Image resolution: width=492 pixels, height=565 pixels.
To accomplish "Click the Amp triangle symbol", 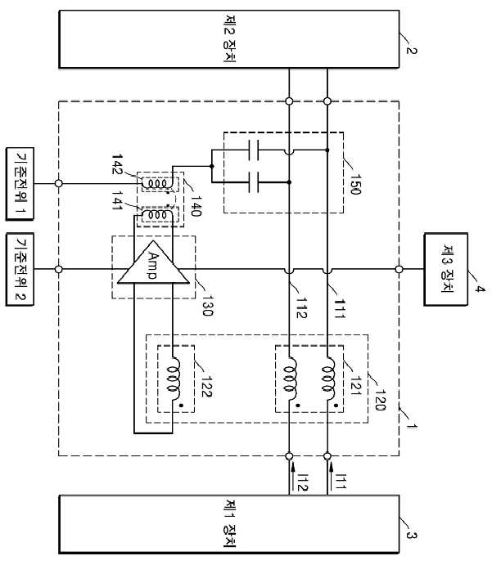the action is tap(153, 266).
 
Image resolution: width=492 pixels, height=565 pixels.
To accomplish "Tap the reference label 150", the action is tap(355, 184).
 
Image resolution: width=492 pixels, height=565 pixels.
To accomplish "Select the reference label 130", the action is tap(207, 305).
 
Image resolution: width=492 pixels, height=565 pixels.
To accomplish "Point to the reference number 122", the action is tap(206, 387).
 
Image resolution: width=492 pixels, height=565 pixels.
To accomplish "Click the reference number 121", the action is tap(355, 385).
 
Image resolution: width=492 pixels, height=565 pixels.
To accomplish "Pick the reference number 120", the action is tap(380, 400).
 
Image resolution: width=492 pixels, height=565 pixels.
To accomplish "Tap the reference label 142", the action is tap(117, 164).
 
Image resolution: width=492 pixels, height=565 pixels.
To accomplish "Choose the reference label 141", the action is tap(117, 200).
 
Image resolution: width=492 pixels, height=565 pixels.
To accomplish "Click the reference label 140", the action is tap(196, 206).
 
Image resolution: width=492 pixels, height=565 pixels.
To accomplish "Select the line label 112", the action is tap(301, 308).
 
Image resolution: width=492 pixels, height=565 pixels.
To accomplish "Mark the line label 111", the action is tap(340, 309).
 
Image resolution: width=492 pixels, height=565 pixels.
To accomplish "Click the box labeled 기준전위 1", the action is tap(20, 183).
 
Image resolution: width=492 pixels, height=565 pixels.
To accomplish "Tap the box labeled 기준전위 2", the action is tap(20, 270).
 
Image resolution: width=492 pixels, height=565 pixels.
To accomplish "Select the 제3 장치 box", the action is tap(446, 269).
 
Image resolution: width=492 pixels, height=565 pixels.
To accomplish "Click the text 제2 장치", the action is tap(230, 39).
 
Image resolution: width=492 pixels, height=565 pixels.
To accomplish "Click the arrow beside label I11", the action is tap(330, 473).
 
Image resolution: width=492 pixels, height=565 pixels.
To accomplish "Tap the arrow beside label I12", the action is tap(292, 473).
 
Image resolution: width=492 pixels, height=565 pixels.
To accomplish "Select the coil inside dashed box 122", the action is tap(174, 379).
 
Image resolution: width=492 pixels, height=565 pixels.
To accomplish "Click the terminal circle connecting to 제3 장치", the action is tap(399, 269).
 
